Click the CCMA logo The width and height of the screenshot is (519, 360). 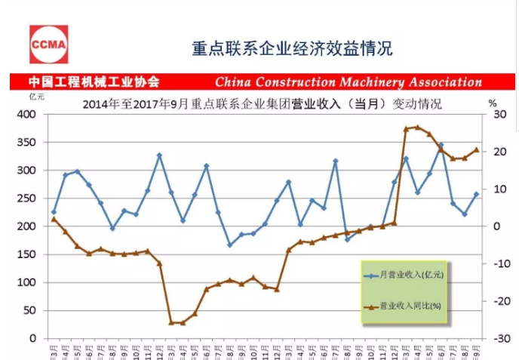48,44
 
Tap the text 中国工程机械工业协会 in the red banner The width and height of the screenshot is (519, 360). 94,82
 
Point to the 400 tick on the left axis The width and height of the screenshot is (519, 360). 27,115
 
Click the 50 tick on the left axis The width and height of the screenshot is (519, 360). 30,310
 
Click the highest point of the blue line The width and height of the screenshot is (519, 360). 441,145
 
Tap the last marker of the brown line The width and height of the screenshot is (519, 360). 476,149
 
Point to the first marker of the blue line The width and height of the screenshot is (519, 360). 54,213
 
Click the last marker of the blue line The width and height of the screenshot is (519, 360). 476,194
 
